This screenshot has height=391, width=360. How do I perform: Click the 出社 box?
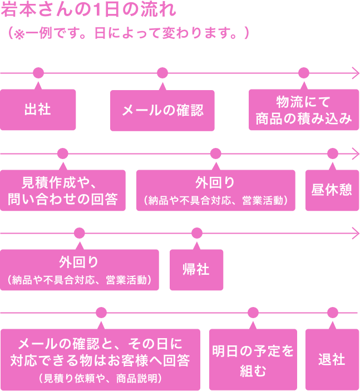click(38, 110)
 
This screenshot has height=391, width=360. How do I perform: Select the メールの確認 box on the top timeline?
click(162, 110)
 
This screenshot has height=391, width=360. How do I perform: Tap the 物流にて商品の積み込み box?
click(304, 110)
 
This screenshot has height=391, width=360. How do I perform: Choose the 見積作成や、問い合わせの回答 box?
click(62, 190)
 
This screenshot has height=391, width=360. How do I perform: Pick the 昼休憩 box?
click(332, 190)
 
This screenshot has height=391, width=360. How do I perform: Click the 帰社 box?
click(196, 270)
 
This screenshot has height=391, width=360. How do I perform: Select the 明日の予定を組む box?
click(253, 359)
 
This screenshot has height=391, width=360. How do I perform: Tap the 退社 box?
click(332, 359)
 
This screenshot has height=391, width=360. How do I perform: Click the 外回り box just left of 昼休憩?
click(216, 190)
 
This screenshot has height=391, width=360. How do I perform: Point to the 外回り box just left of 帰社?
click(80, 270)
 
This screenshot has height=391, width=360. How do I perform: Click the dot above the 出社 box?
click(38, 73)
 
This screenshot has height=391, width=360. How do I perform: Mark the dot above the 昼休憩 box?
click(332, 153)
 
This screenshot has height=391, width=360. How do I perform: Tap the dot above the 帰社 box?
click(196, 233)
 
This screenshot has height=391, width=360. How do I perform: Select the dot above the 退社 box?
click(332, 313)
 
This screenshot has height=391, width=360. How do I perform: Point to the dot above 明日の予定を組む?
click(253, 313)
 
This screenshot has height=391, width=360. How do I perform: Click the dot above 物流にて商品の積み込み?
click(304, 73)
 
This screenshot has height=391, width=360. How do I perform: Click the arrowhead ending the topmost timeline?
click(356, 73)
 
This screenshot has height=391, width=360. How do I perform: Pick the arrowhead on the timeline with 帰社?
click(356, 233)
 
